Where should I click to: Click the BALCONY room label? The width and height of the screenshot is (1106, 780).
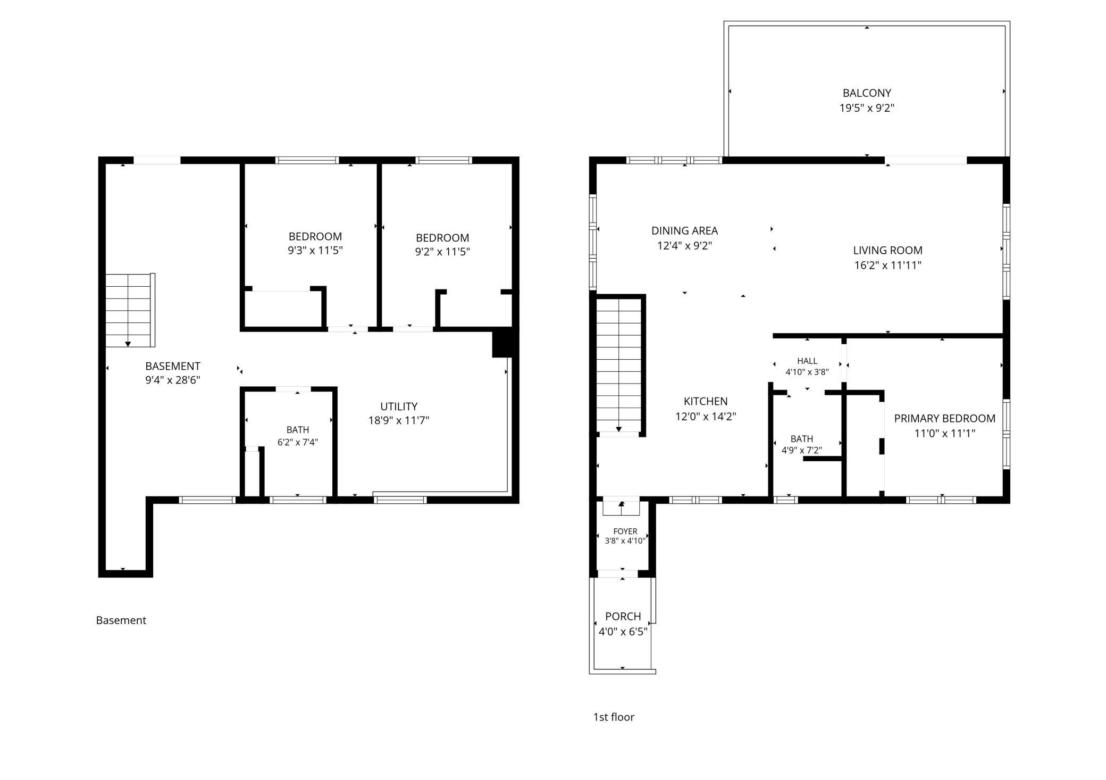867,93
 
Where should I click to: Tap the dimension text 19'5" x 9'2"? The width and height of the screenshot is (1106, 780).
867,108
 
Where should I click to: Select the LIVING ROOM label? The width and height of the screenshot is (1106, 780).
887,250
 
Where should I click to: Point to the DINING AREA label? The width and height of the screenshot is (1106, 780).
684,231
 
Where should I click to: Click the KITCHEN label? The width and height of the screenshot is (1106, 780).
706,402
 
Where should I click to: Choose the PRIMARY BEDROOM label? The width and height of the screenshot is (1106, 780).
944,419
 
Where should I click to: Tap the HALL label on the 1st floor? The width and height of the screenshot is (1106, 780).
807,361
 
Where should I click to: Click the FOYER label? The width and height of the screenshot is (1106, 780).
625,532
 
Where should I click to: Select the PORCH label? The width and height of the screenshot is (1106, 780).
623,617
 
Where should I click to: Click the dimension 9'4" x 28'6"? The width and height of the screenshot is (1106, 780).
172,380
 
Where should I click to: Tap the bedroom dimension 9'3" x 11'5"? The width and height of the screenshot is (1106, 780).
315,251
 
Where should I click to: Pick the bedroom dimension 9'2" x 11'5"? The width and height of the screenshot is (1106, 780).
442,252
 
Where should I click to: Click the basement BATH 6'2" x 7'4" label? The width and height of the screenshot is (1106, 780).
298,436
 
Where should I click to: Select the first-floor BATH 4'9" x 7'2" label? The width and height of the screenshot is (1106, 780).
802,445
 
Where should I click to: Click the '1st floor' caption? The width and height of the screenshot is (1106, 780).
614,717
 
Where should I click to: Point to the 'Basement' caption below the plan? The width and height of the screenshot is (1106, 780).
121,620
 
